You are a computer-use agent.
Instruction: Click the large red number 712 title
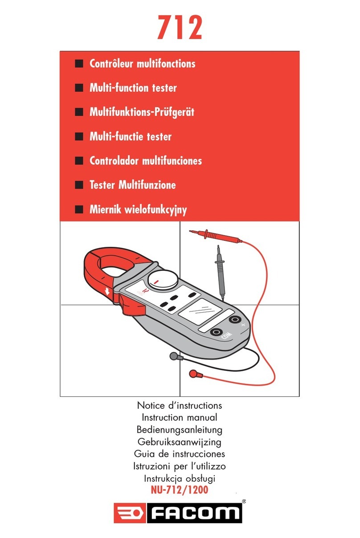180,27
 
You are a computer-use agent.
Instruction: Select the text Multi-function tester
133,88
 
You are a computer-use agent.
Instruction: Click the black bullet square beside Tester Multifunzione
79,185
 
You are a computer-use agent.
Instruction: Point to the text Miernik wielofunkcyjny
138,210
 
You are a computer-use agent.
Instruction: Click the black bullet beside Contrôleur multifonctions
79,64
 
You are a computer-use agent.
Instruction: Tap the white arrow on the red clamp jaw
107,292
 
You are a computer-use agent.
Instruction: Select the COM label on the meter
227,335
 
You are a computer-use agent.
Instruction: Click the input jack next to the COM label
217,332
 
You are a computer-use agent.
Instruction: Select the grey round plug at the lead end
173,356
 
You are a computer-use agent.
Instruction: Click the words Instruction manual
179,417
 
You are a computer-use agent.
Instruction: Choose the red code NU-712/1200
180,490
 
